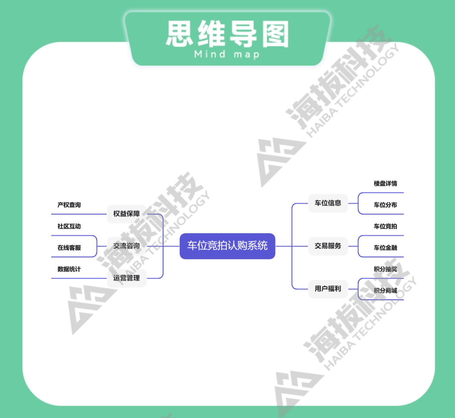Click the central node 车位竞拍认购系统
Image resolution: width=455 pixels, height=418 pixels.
tap(227, 246)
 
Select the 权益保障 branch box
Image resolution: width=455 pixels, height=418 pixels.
tap(126, 214)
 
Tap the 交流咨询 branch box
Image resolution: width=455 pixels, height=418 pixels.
tap(126, 246)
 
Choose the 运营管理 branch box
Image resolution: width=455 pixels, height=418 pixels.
tap(126, 278)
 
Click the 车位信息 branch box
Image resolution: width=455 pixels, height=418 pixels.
tap(328, 203)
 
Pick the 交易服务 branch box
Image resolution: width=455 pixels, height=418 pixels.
tap(328, 246)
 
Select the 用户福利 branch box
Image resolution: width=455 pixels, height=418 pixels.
tap(328, 289)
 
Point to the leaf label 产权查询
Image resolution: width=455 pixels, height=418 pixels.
tap(69, 205)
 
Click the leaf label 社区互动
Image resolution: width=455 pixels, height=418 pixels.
tap(69, 226)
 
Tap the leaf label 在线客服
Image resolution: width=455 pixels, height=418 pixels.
tap(69, 248)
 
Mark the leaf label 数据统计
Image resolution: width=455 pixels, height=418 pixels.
tap(69, 269)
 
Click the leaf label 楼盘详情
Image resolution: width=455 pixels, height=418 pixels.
tap(385, 183)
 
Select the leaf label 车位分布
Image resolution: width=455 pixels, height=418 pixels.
tap(385, 205)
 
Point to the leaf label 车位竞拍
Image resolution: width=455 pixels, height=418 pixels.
tap(385, 226)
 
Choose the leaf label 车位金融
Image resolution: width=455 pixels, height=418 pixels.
tap(385, 248)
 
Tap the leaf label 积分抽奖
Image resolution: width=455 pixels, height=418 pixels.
tap(385, 269)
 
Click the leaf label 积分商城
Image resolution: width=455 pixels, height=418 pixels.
tap(385, 291)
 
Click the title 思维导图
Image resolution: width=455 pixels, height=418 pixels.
tap(227, 34)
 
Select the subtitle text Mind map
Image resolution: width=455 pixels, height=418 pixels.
tap(227, 54)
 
